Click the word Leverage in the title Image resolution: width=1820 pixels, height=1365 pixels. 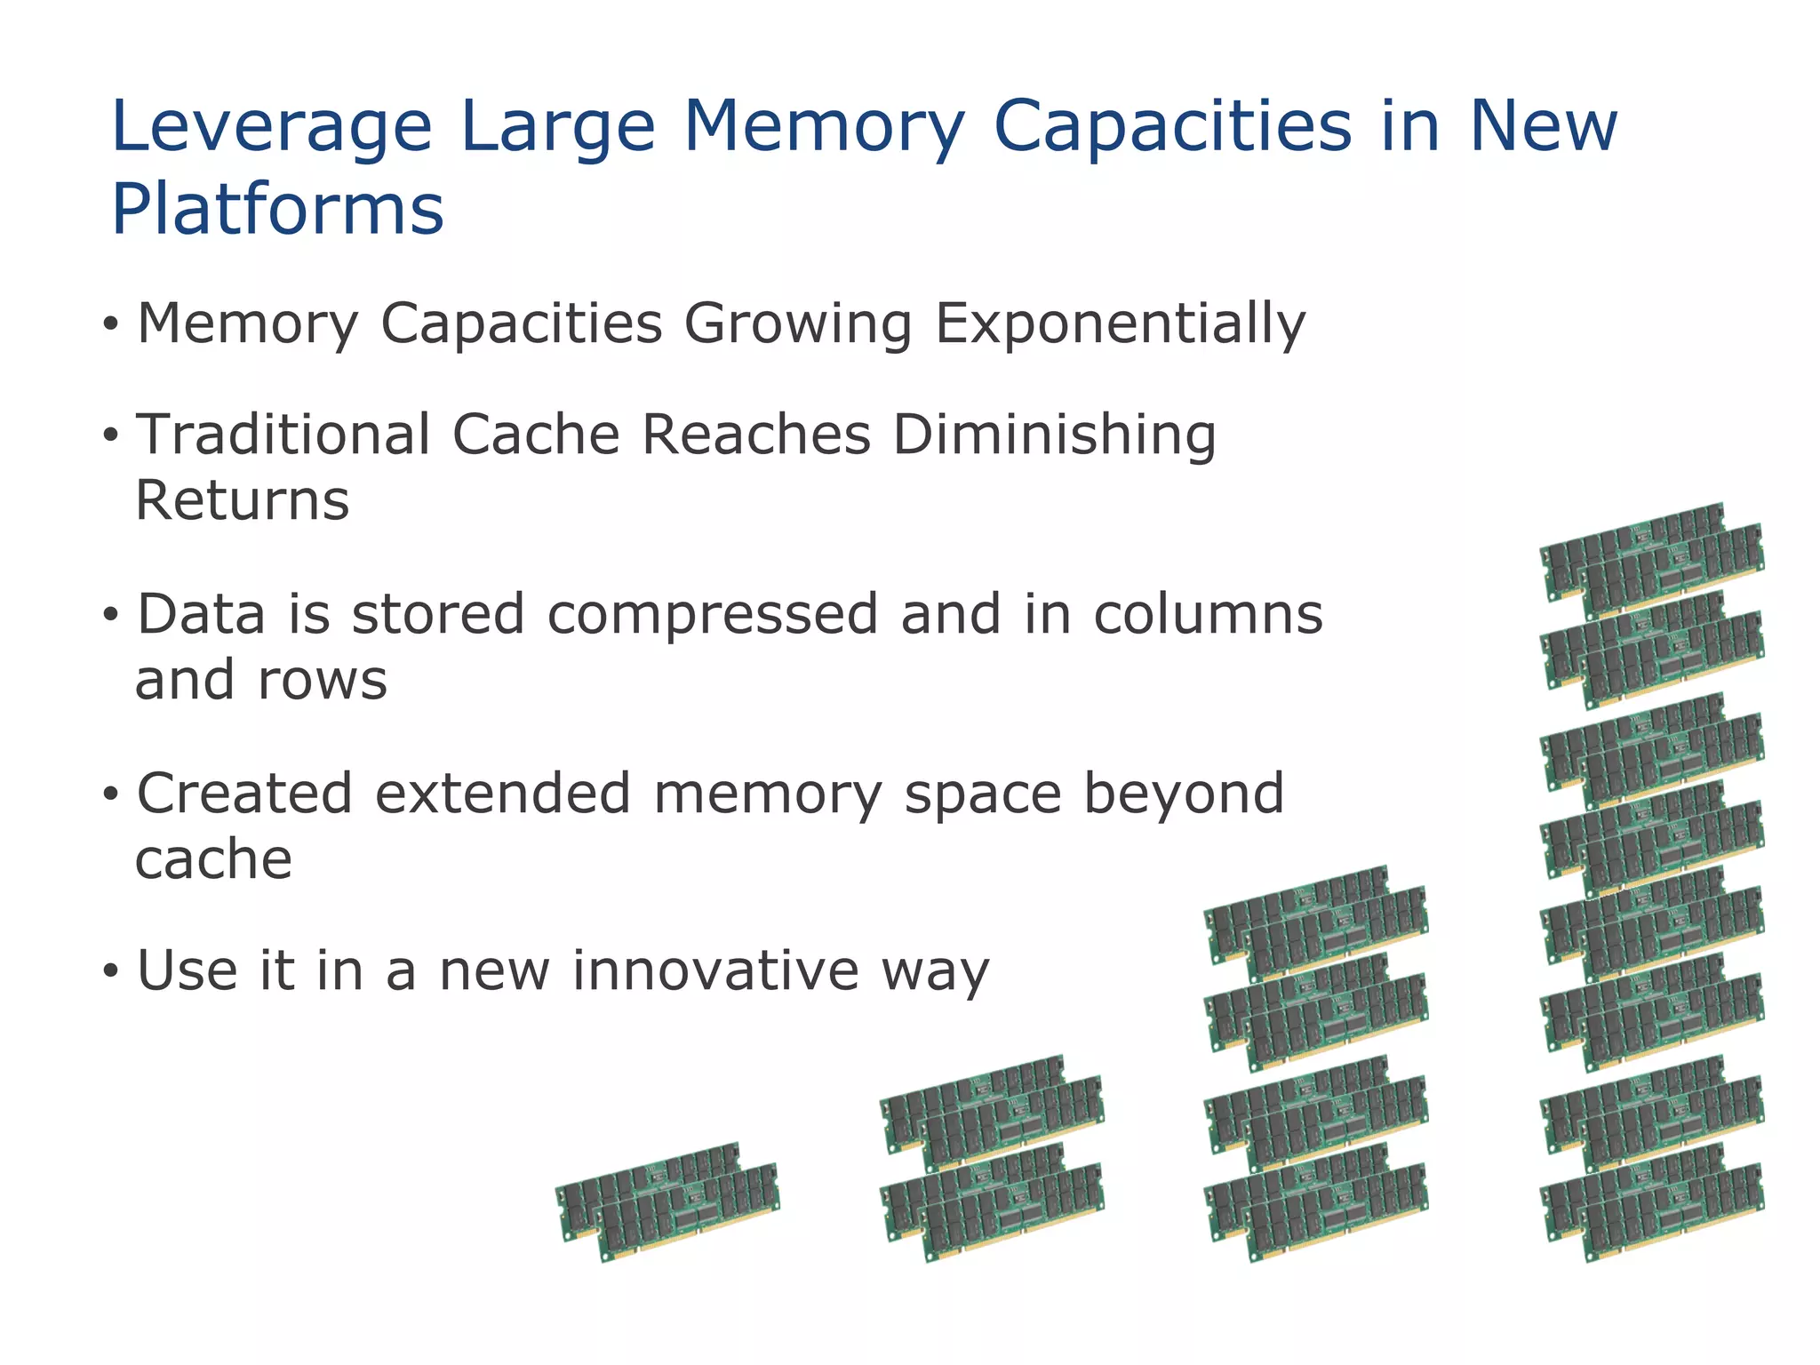(271, 127)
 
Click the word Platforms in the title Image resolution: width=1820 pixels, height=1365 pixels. (277, 210)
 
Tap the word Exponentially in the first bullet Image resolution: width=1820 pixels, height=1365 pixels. (1120, 323)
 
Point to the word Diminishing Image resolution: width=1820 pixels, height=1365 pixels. (1054, 435)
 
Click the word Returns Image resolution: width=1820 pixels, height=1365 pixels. (242, 500)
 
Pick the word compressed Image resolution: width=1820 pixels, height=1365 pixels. (713, 615)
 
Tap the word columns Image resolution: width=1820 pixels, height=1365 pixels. (1208, 615)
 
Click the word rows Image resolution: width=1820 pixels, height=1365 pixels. (323, 681)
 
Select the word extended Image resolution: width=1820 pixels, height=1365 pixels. (502, 794)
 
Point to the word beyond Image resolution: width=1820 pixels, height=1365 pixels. (1183, 794)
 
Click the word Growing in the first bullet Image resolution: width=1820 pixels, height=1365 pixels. (797, 323)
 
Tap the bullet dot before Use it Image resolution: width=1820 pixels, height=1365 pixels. (110, 970)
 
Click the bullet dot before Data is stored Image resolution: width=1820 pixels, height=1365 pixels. (110, 615)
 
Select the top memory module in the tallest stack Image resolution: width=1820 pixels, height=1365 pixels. (1652, 560)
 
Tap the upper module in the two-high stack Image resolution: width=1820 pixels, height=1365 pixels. (992, 1112)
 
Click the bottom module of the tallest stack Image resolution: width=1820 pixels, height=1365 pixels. (1652, 1202)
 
